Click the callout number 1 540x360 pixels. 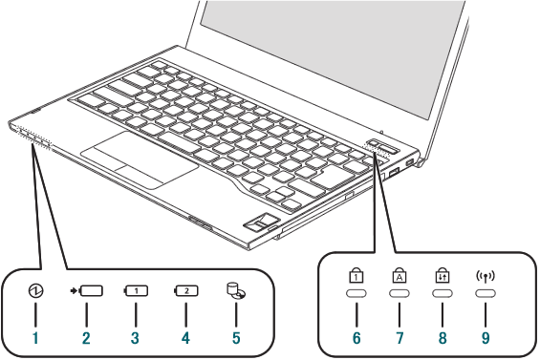click(35, 338)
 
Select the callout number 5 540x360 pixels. click(236, 338)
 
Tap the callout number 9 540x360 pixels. click(486, 338)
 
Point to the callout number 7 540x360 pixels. click(400, 338)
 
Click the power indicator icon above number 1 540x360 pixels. click(36, 291)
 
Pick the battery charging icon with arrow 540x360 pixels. click(86, 291)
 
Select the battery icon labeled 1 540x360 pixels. click(136, 291)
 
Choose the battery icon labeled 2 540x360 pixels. click(186, 291)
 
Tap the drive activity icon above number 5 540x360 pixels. click(236, 291)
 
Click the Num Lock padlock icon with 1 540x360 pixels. click(356, 275)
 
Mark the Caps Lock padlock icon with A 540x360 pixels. click(400, 275)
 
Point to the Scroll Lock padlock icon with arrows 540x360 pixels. click(443, 275)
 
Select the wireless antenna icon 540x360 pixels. click(486, 276)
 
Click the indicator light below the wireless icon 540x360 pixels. click(486, 293)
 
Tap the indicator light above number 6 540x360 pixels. click(356, 293)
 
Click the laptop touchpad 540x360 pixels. click(140, 159)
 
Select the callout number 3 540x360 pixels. click(135, 338)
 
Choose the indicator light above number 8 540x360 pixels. click(443, 293)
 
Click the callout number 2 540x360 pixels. click(86, 338)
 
